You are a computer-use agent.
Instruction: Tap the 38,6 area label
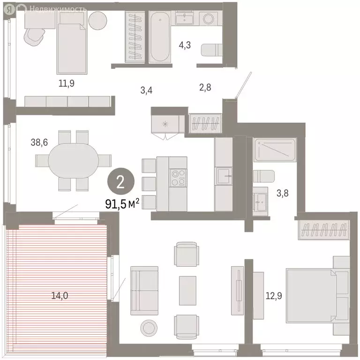(40, 142)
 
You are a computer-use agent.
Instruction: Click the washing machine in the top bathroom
(207, 19)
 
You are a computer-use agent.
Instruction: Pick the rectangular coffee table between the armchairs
(187, 290)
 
